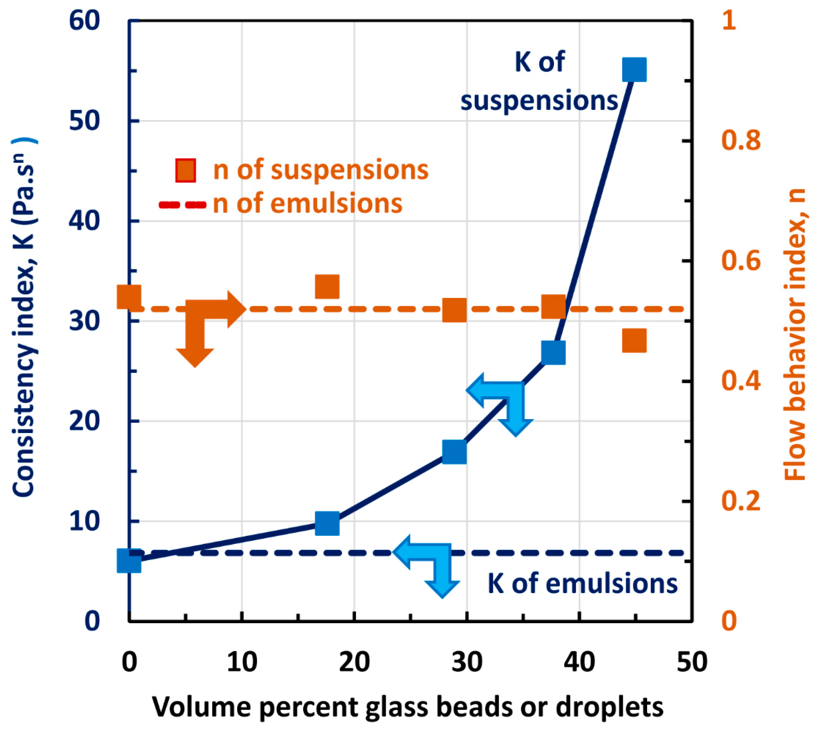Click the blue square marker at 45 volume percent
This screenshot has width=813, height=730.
point(634,69)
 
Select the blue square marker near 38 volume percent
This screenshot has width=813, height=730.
point(554,353)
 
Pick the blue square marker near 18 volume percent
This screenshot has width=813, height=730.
point(327,524)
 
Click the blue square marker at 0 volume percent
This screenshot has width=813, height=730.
point(129,561)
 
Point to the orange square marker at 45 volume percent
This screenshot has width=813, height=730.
point(634,341)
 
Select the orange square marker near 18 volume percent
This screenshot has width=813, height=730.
point(327,286)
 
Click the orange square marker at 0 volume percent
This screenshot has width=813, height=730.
point(129,297)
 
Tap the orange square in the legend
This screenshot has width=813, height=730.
point(186,170)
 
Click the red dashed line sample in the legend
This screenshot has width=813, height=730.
point(183,205)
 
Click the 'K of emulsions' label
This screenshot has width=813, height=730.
point(582,584)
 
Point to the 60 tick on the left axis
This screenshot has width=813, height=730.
point(84,21)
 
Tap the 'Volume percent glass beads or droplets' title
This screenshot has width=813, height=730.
point(408,707)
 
